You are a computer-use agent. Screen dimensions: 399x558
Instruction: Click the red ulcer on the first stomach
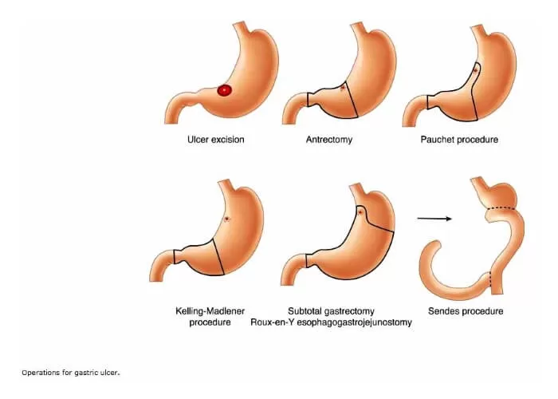(225, 90)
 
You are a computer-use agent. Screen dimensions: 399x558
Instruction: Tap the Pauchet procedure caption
(459, 140)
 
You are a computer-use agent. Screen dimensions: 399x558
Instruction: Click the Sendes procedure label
(469, 310)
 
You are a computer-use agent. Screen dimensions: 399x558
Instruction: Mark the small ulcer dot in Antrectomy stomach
(343, 87)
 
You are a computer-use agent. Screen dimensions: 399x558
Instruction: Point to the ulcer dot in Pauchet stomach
(476, 70)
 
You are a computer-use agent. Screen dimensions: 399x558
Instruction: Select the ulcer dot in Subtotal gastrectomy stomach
(362, 213)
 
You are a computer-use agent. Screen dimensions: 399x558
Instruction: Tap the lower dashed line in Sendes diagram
(489, 279)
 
